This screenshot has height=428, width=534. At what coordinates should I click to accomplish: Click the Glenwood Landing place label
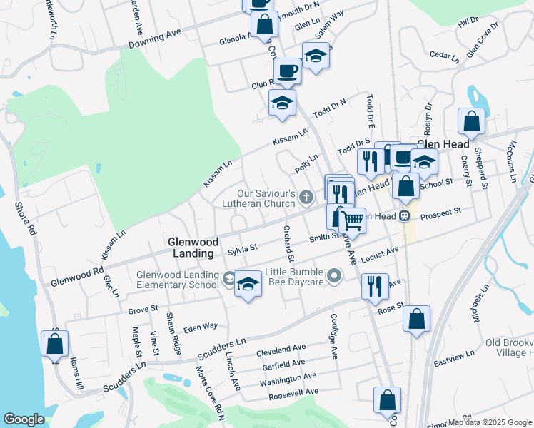click(192, 248)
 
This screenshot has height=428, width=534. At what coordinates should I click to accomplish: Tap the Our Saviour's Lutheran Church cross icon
click(306, 196)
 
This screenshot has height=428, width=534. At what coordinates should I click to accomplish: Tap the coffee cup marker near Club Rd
click(288, 71)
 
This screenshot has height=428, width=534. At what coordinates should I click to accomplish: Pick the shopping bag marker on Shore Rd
click(55, 345)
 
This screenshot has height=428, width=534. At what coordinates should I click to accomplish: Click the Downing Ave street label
click(156, 39)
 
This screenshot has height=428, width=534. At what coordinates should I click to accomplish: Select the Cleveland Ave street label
click(281, 350)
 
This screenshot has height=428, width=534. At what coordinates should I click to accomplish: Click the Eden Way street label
click(200, 326)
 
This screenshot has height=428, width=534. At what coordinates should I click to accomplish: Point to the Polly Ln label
click(306, 163)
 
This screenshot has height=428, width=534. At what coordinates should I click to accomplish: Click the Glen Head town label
click(443, 143)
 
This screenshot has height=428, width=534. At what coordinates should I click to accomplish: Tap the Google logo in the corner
click(24, 419)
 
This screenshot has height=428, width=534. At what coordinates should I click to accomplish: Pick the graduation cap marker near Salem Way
click(316, 56)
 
